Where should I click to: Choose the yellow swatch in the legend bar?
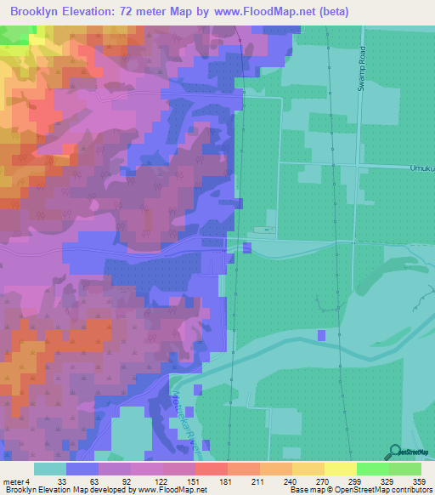340,469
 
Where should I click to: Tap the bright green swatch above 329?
372,469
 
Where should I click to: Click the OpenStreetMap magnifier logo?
393,450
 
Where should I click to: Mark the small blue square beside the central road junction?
246,247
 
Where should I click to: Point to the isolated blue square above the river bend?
321,336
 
